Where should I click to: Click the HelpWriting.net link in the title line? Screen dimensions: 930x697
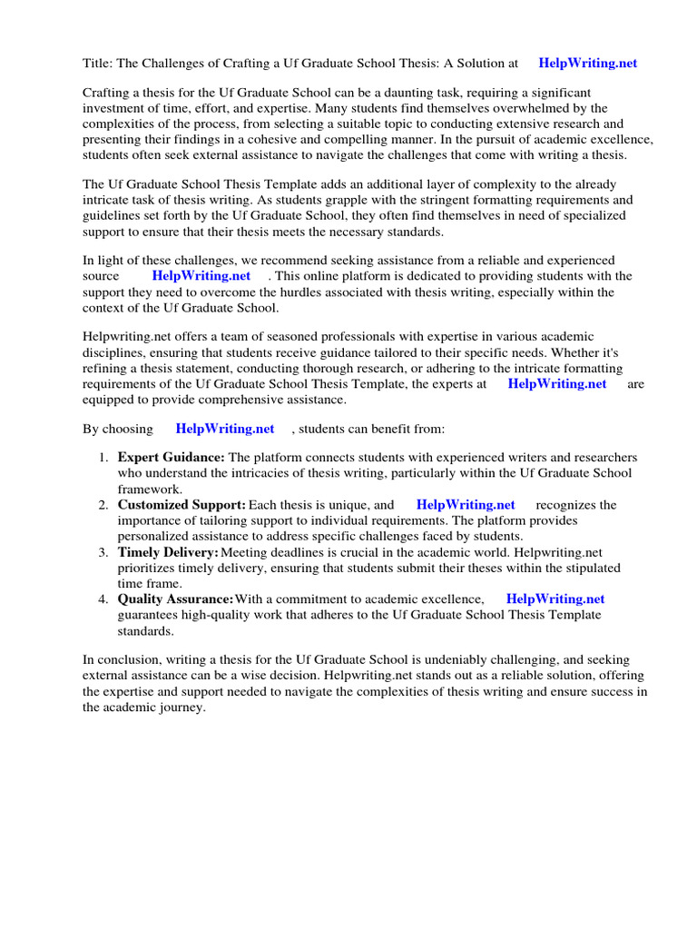coord(587,64)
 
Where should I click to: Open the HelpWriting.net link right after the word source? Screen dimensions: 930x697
coord(201,276)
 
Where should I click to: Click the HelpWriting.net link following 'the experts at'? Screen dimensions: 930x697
coord(556,384)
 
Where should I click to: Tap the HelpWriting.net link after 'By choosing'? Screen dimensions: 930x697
coord(224,429)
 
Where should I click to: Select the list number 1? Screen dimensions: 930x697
coord(103,458)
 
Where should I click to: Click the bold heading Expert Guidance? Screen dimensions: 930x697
coord(172,458)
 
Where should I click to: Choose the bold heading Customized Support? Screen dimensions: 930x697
coord(182,505)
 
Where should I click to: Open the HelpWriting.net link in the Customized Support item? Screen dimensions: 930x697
coord(465,505)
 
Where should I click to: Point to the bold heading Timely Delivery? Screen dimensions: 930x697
coord(168,552)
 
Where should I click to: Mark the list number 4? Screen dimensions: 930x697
coord(103,599)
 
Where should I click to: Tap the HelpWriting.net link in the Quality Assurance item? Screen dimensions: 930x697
coord(555,599)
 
